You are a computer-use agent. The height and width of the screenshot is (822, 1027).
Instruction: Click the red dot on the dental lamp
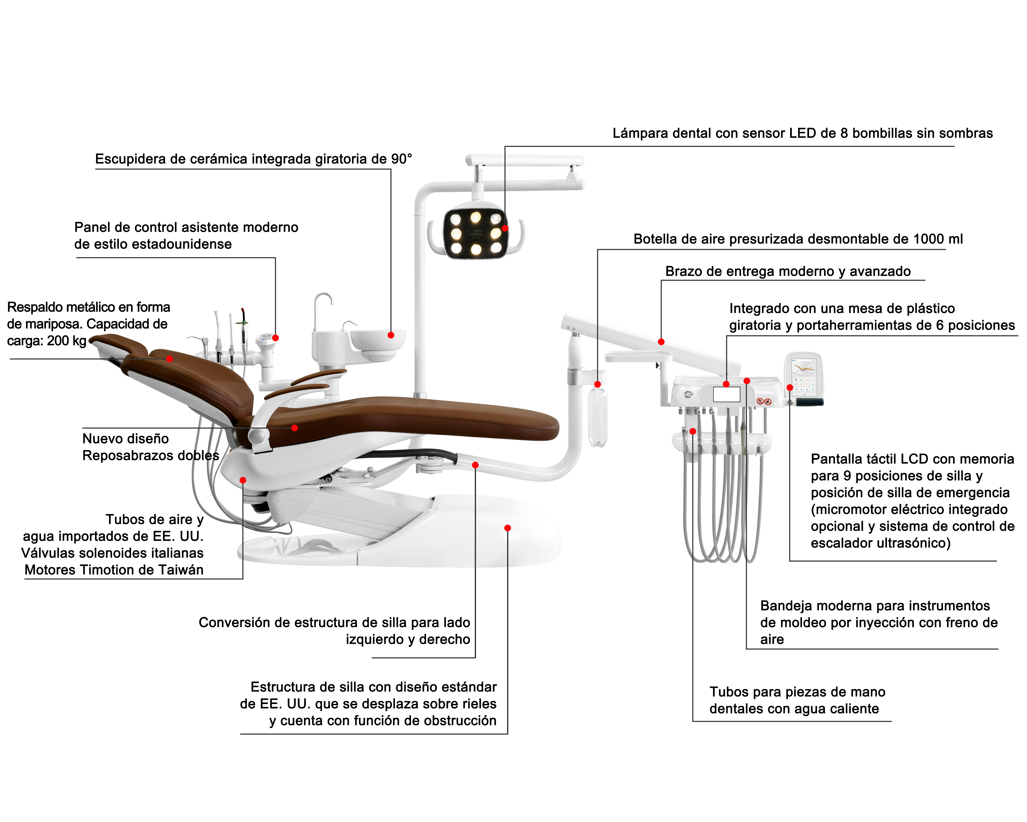coord(505,228)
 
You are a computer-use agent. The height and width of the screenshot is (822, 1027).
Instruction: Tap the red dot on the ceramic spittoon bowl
coord(391,335)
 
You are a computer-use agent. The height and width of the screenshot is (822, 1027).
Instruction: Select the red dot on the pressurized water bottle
coord(597,384)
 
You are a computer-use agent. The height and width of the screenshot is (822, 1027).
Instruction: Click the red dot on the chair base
coord(508,528)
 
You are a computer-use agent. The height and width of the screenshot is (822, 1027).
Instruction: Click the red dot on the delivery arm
coord(661,342)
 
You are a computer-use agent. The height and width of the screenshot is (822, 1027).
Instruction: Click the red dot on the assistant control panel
coord(275,338)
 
